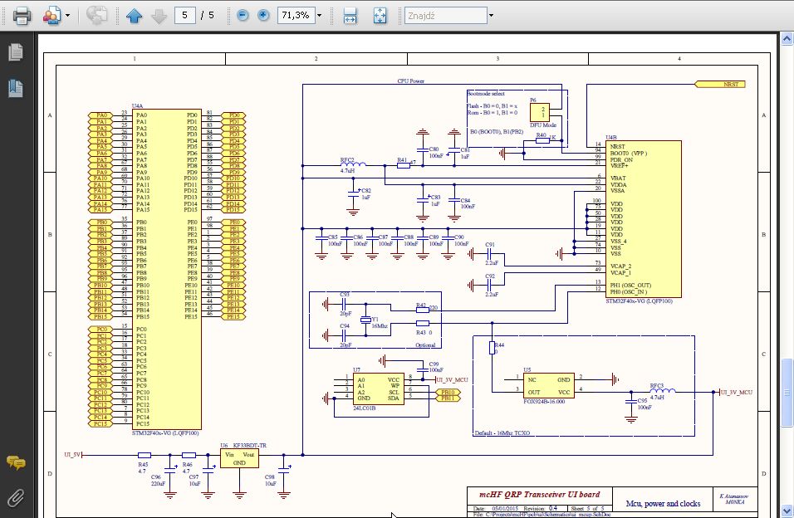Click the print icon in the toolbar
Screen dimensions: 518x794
coord(22,15)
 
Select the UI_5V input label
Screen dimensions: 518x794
coord(72,454)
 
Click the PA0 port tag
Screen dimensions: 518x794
coord(101,115)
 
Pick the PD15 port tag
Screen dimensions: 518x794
coord(233,210)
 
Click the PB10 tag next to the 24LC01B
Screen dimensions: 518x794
coord(449,392)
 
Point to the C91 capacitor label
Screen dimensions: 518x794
coord(490,245)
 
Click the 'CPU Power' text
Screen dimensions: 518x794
coord(411,81)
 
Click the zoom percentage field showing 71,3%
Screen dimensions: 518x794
coord(296,15)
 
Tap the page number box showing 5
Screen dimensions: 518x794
coord(185,15)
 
